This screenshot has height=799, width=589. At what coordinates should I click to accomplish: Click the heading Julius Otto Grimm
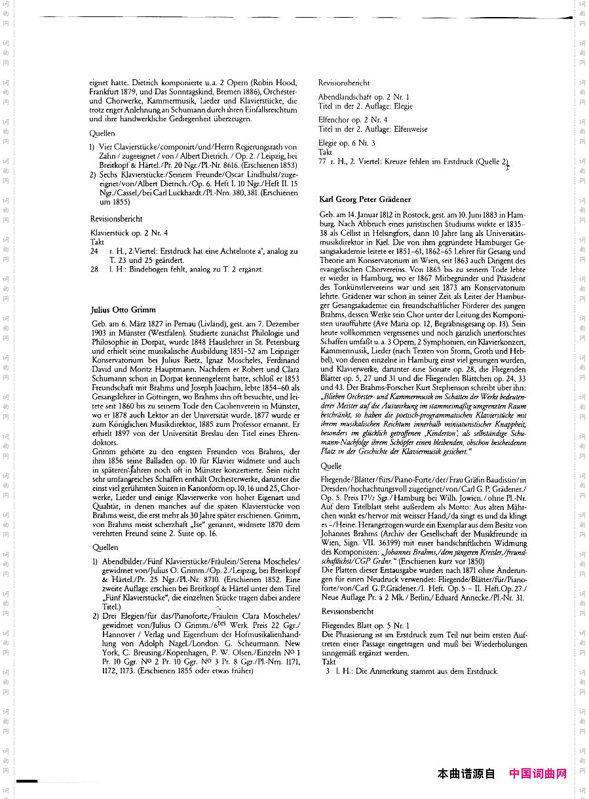point(123,309)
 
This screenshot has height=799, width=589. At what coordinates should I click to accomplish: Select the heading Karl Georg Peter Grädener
point(365,199)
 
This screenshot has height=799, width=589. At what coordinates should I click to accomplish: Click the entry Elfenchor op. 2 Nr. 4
point(352,121)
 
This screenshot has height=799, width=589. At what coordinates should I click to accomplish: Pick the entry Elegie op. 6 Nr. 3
point(347,144)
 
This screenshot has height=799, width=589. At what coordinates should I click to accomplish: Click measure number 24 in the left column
point(94,251)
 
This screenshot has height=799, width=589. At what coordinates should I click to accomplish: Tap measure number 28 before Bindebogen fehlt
point(94,269)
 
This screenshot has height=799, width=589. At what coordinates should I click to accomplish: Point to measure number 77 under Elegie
point(322,161)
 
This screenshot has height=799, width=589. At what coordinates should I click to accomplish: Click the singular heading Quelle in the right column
point(331,467)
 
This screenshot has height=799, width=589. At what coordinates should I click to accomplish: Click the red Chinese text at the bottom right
point(538,774)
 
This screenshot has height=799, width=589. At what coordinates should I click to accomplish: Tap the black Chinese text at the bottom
point(466,774)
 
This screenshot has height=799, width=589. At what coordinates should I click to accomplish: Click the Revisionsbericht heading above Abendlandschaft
point(344,83)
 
